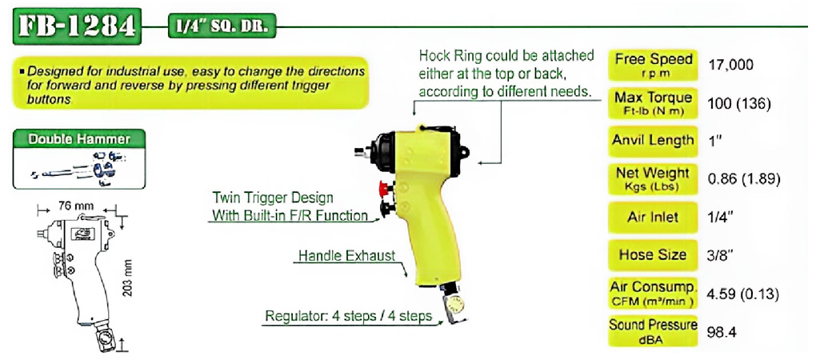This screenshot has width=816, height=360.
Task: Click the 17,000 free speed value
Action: point(730,65)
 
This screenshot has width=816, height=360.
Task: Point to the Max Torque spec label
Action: point(653,102)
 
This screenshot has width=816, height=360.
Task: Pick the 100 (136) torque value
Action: point(738,103)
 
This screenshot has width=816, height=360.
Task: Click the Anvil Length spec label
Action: point(653,141)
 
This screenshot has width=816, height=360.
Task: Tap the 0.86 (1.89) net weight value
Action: point(744,180)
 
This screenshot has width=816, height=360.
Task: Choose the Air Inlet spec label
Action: point(653,217)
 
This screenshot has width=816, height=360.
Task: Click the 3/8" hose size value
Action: point(721,255)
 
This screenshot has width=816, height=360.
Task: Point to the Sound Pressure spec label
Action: point(653,331)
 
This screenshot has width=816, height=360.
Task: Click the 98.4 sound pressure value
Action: point(722,333)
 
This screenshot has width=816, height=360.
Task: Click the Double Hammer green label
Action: point(79,139)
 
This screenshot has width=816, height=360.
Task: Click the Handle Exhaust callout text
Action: point(347,255)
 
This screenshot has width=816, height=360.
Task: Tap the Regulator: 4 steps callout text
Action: point(349,316)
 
